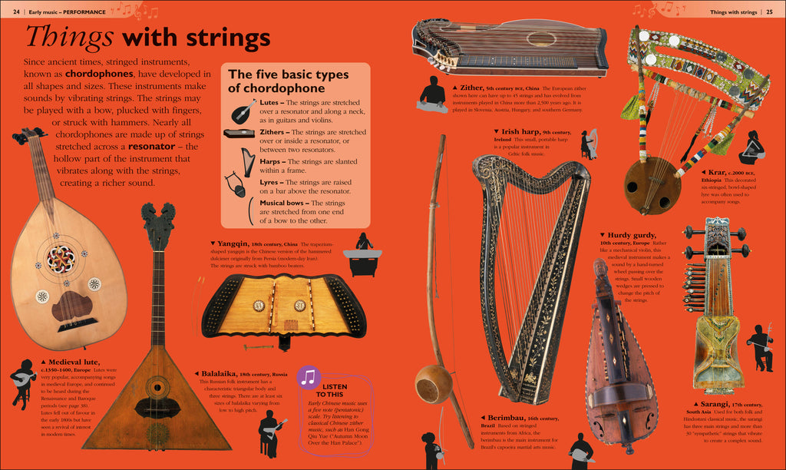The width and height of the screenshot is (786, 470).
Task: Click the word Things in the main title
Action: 70,37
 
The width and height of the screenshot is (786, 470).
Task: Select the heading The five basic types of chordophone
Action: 288,81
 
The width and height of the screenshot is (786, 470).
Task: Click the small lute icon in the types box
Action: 243,111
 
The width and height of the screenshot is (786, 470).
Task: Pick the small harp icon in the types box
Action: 244,161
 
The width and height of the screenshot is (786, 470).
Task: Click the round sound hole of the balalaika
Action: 157,386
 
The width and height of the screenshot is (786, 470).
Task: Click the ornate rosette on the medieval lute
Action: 58,259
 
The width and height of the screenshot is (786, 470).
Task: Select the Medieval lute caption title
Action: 68,361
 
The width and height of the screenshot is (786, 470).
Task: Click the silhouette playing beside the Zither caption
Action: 432,94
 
